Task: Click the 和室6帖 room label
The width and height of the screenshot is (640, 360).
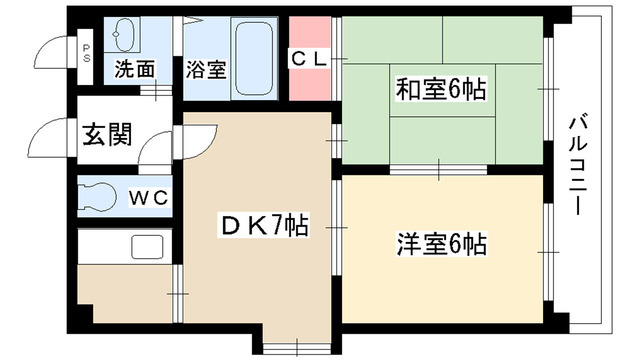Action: click(x=441, y=90)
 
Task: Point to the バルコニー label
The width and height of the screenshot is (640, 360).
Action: click(x=577, y=166)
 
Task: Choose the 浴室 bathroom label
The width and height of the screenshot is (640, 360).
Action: click(x=207, y=70)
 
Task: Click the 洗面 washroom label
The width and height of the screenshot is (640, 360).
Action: click(x=134, y=70)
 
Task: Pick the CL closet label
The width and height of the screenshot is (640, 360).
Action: click(x=309, y=59)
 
